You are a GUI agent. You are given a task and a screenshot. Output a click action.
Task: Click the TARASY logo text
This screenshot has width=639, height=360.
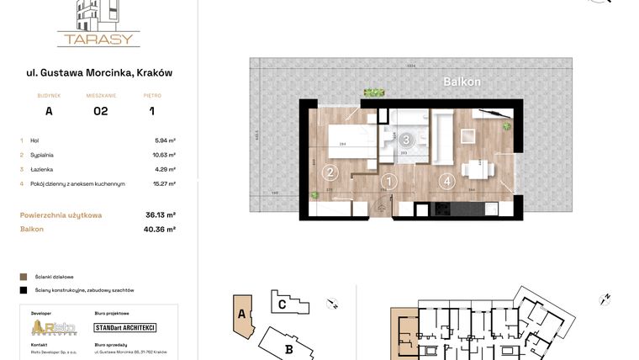pos(98,39)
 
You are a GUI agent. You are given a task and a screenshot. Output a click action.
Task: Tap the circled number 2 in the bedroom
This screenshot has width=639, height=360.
pos(330,173)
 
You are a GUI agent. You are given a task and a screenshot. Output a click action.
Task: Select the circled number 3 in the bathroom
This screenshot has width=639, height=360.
pos(406,140)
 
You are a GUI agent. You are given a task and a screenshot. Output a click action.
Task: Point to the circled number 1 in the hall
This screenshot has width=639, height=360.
pos(388,180)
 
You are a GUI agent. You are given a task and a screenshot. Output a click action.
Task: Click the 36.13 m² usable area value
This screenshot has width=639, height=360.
pos(160,215)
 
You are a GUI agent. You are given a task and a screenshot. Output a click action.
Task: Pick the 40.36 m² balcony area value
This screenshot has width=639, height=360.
pos(160,229)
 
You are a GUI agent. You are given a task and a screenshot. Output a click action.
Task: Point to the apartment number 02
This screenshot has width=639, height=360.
pos(100,111)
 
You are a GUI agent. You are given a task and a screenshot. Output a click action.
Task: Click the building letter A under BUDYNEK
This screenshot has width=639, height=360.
pos(49,111)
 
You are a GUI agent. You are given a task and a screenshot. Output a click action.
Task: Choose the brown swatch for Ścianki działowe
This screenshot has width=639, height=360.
pos(23,276)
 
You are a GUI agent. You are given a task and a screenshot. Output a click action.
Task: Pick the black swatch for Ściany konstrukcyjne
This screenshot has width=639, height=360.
pos(23,289)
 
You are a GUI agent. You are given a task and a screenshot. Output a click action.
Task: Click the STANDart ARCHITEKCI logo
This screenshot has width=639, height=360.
pos(124,327)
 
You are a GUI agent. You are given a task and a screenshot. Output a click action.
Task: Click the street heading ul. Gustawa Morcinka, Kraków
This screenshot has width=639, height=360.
pos(99,73)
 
